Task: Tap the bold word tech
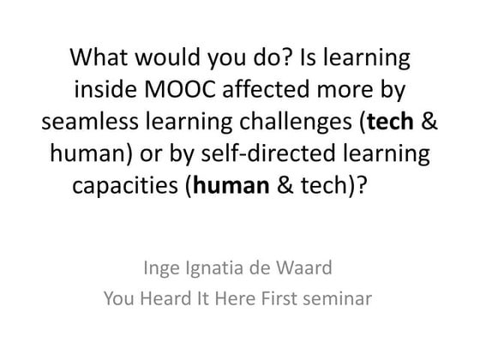tap(393, 120)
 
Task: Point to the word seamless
tap(88, 120)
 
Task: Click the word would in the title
tap(163, 58)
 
